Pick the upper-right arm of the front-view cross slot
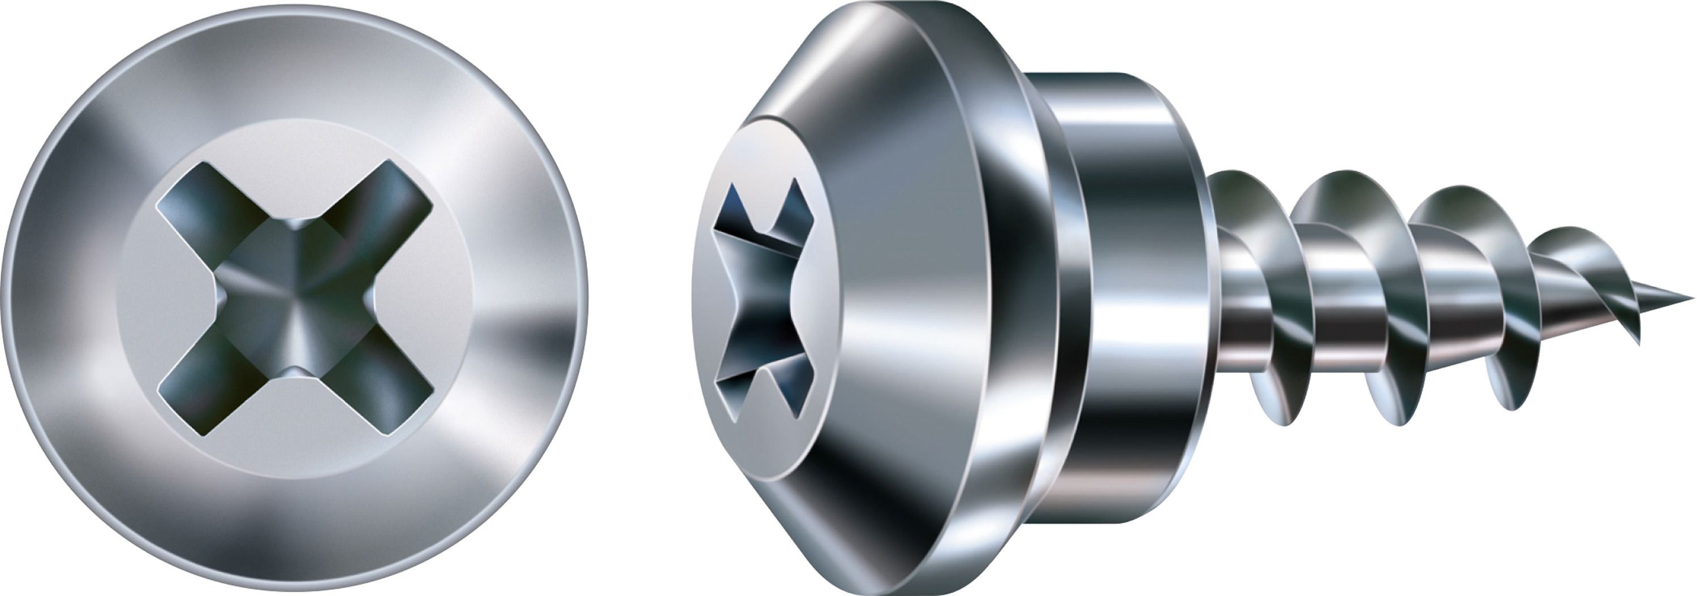click(x=395, y=197)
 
